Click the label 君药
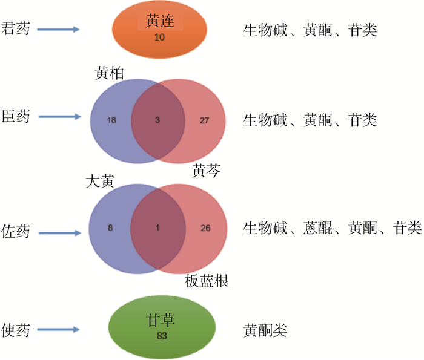(x=17, y=28)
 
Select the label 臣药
(x=17, y=116)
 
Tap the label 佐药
(x=17, y=232)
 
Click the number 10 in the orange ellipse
(x=160, y=38)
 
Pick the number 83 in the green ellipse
(x=161, y=335)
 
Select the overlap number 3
(x=157, y=120)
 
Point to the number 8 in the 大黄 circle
(x=110, y=228)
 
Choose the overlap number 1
(x=157, y=228)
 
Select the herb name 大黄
(x=100, y=182)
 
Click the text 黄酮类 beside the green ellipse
(x=265, y=330)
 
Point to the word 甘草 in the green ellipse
(x=161, y=320)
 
